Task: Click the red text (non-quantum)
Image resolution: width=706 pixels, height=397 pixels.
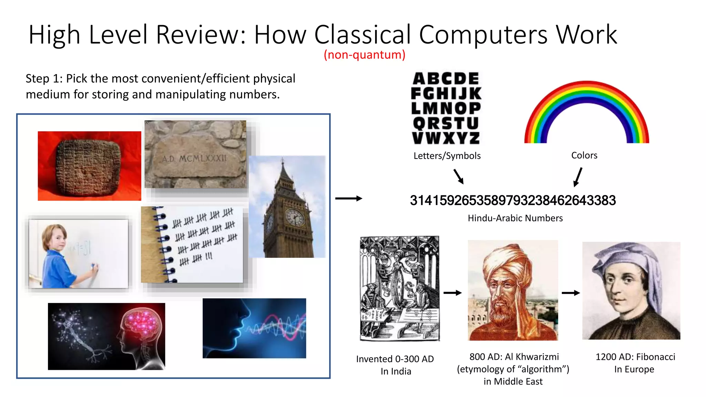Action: pos(364,55)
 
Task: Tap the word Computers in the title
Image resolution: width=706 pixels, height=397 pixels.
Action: pos(483,34)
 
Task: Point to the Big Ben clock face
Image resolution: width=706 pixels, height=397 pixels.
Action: pos(295,218)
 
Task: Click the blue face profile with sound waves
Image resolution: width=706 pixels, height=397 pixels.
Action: pos(254,328)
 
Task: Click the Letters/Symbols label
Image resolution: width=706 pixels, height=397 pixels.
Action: pos(447,156)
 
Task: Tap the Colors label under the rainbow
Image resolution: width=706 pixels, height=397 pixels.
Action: pos(584,155)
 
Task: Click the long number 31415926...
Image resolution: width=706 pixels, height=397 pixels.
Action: pos(513,201)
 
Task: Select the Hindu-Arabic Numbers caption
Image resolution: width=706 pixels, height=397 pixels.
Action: pos(515,218)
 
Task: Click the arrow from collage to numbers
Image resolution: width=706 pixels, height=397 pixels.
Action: pos(349,198)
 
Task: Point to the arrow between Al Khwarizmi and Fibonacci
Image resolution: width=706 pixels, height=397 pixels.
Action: pos(571,293)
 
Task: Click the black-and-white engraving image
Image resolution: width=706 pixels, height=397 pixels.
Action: pos(400,288)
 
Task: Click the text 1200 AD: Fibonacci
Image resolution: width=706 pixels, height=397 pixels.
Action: pos(635,357)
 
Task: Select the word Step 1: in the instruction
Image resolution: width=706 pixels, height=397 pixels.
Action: pos(44,79)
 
